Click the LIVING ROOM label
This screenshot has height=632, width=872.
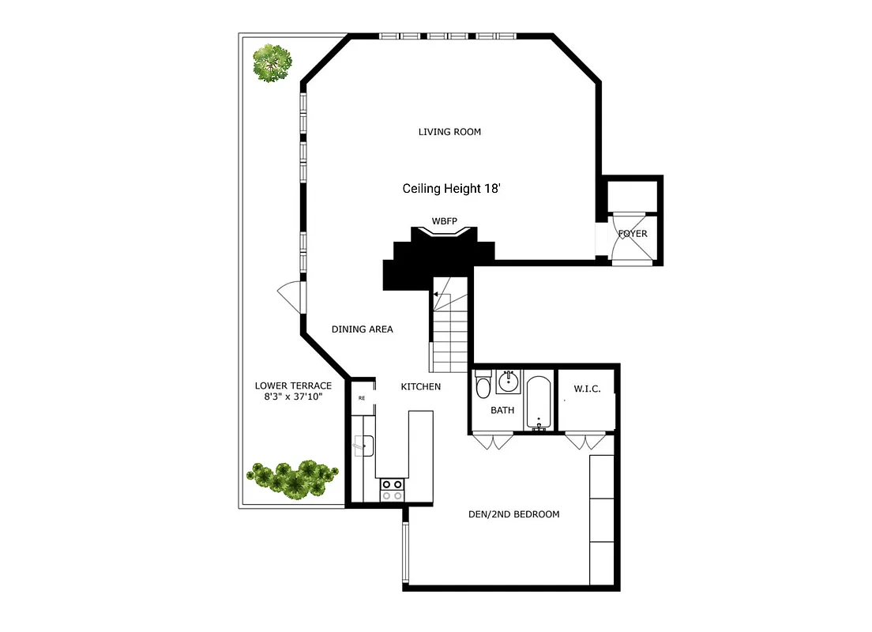(449, 132)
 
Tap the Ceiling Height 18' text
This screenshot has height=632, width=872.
(452, 189)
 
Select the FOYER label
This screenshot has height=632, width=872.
(633, 234)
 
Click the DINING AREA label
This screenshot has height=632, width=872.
(362, 329)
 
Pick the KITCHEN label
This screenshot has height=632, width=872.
(420, 386)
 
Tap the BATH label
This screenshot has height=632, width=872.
(502, 410)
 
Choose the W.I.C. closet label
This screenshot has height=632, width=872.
(587, 389)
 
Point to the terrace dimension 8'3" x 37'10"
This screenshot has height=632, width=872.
(293, 397)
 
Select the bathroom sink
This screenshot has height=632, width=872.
(509, 382)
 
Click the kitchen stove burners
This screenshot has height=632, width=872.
(393, 490)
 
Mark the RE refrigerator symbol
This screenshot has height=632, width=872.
(362, 398)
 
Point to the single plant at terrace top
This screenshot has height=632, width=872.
(271, 63)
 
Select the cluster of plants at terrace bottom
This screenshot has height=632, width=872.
(293, 477)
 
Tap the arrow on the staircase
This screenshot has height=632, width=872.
(435, 294)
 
